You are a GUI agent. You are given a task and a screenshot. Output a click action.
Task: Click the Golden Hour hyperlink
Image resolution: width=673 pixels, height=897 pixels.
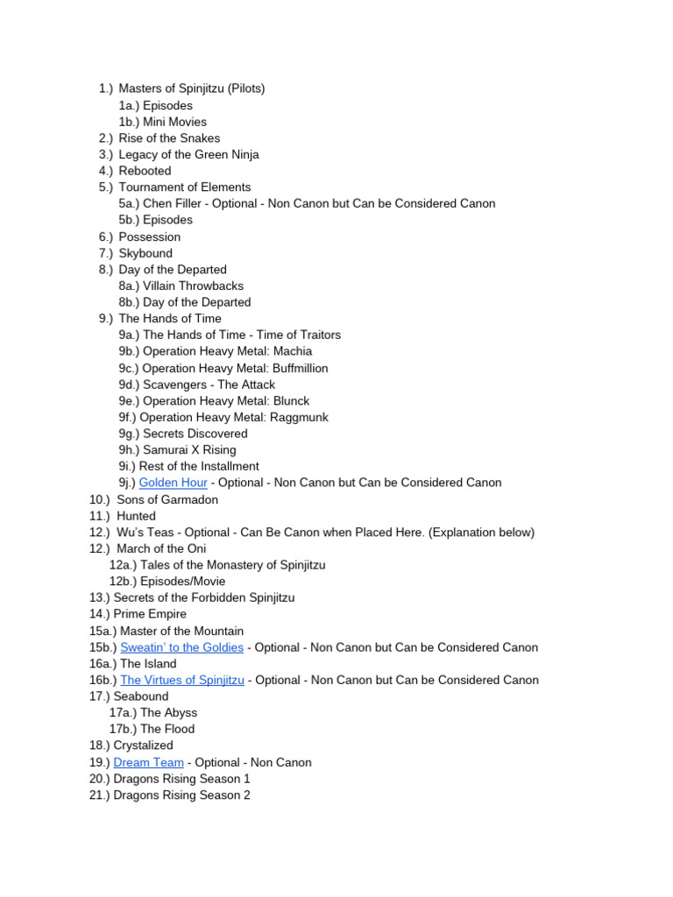click(173, 483)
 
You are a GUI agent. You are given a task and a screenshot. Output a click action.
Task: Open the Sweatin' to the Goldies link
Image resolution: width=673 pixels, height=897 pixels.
click(181, 647)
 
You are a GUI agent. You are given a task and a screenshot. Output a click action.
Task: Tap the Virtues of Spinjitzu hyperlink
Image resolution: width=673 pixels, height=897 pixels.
click(182, 680)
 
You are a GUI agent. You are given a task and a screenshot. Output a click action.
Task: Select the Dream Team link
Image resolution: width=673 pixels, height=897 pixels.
click(148, 762)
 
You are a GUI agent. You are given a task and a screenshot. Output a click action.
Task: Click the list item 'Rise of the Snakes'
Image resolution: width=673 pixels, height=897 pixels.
click(169, 138)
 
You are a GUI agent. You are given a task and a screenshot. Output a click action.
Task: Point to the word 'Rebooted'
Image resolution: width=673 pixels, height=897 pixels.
click(145, 171)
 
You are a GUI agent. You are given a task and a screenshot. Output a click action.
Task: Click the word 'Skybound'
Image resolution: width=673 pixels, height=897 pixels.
click(145, 253)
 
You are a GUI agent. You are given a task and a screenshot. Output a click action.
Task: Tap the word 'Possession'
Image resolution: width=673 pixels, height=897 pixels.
click(149, 237)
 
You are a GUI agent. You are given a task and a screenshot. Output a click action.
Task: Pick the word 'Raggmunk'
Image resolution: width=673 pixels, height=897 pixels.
click(300, 417)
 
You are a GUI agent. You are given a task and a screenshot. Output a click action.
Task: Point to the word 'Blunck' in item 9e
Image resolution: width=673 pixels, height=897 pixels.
click(290, 400)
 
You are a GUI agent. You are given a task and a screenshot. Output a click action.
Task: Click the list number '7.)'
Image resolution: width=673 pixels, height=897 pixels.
click(106, 253)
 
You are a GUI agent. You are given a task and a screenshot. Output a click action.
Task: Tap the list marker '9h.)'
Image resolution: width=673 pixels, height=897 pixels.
click(129, 449)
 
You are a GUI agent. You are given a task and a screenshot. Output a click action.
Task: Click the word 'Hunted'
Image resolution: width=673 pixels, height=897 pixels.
click(136, 516)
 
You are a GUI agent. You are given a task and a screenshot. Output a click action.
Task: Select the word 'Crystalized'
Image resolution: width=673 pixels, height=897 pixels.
click(143, 745)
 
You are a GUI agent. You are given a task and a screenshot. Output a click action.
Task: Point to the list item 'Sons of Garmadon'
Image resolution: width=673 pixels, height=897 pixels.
click(167, 499)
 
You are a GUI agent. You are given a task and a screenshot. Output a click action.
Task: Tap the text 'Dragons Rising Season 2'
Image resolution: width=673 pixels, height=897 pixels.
click(181, 795)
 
